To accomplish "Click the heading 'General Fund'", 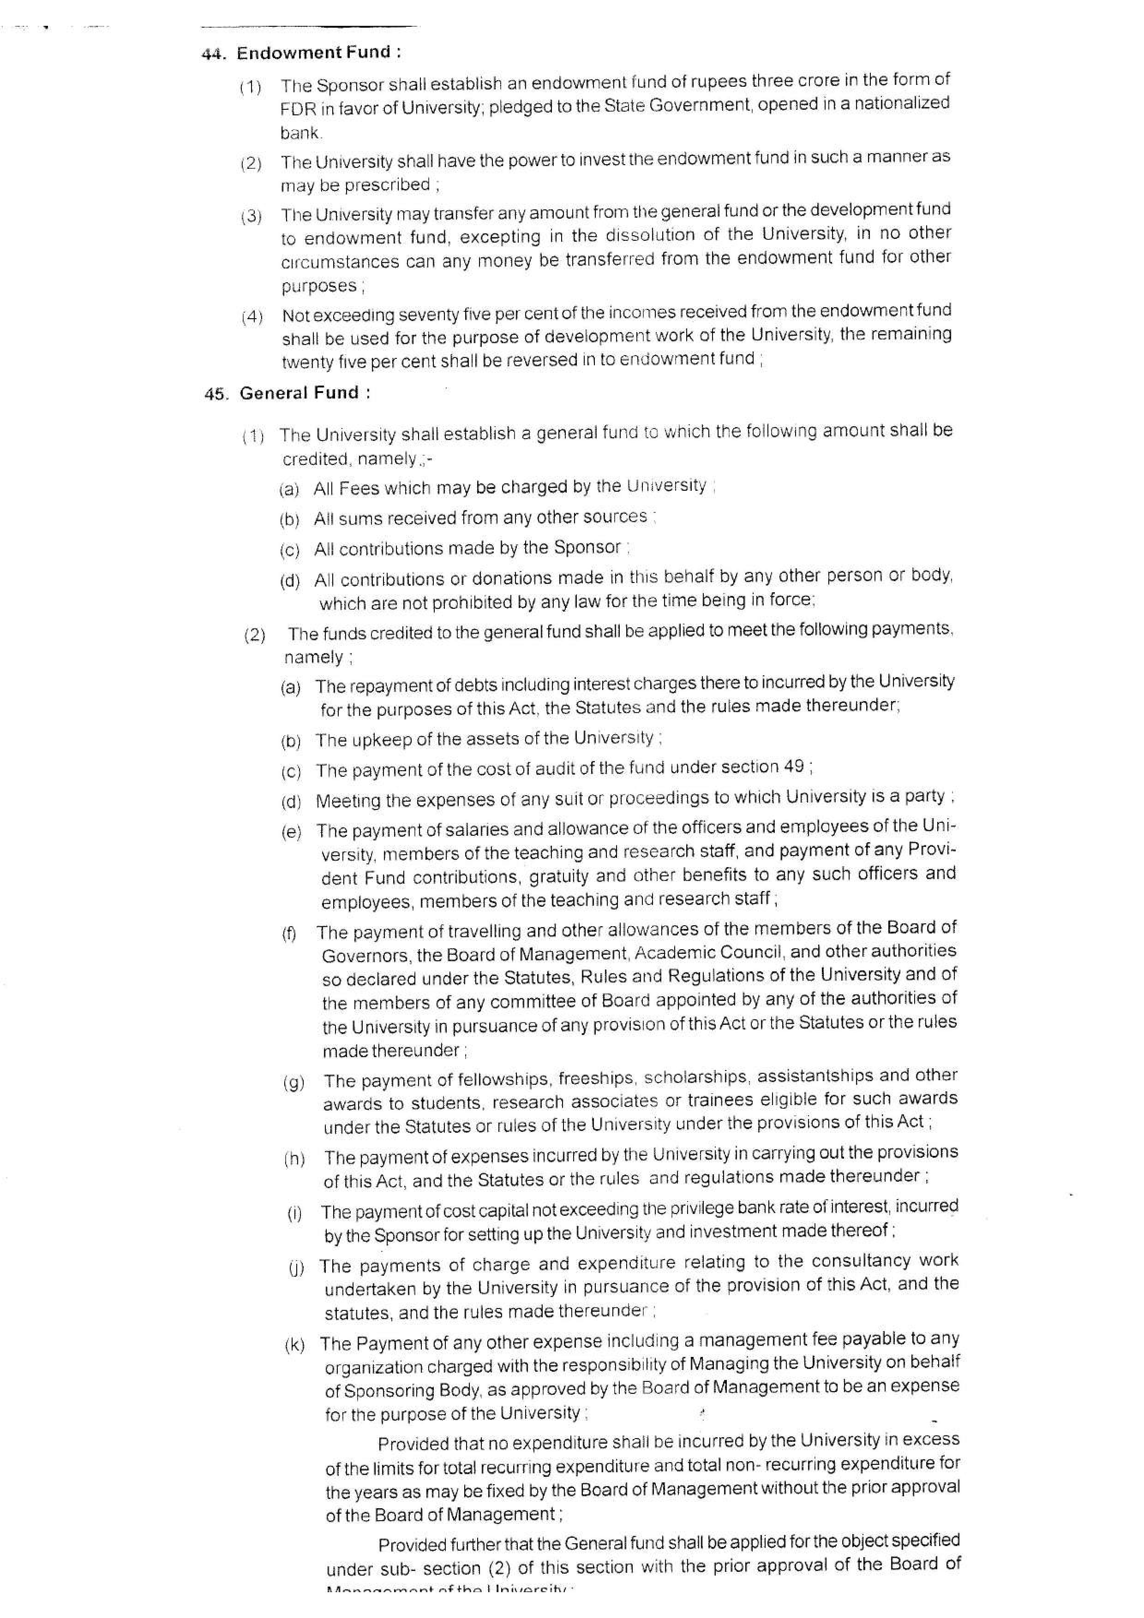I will (x=299, y=393).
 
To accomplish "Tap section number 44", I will (x=213, y=54).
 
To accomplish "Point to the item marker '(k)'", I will (x=294, y=1346).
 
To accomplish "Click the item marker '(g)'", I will (x=293, y=1083).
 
